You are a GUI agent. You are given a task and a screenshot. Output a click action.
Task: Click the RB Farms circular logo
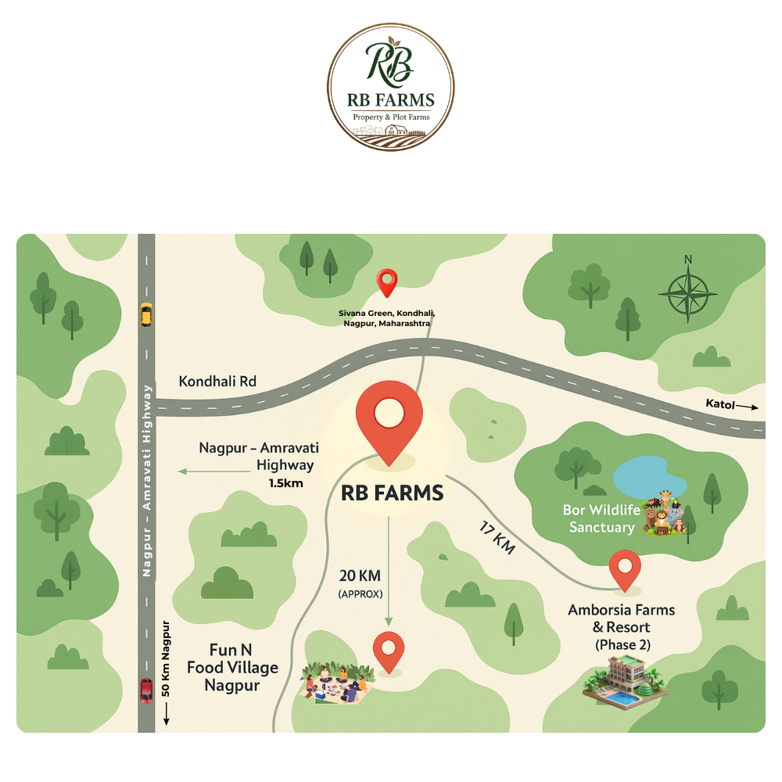391,87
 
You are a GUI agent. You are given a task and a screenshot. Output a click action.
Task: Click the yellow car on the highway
146,314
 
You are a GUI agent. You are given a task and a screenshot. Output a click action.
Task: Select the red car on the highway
146,690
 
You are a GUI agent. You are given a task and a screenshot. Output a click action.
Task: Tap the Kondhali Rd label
218,382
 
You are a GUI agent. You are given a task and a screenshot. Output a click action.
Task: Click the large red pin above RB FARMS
389,422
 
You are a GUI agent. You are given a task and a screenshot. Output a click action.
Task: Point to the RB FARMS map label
393,493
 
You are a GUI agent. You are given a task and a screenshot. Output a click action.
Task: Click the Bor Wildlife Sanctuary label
601,518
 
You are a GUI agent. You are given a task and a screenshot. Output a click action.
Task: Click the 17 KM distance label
497,538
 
